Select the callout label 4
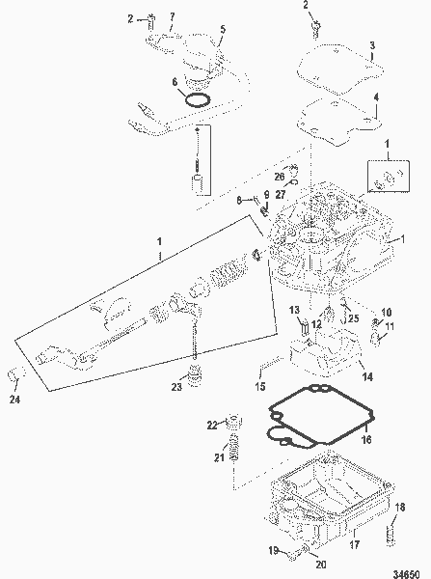(x=377, y=96)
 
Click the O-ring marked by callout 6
(x=196, y=99)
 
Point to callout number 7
(x=173, y=16)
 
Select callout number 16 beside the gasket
(x=366, y=438)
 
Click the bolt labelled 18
(x=393, y=532)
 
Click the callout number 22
(x=213, y=425)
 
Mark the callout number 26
(x=279, y=178)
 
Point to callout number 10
(x=387, y=312)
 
